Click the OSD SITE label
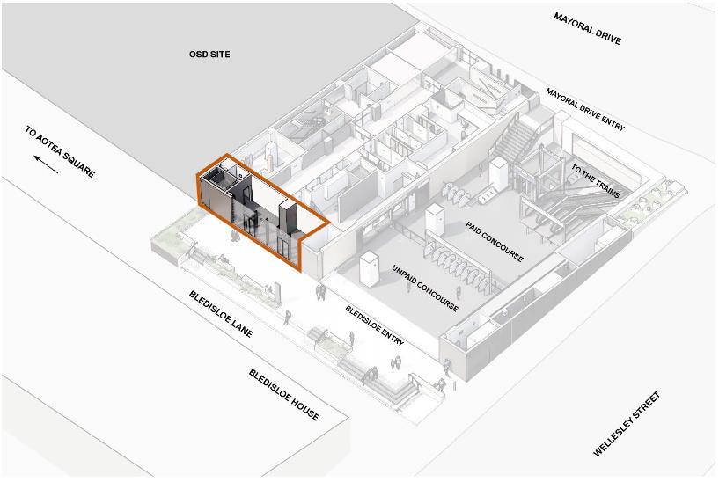[209, 55]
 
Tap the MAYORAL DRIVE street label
[587, 29]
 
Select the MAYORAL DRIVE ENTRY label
[585, 109]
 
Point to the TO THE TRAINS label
[596, 180]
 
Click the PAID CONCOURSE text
[494, 241]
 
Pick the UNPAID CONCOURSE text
[425, 287]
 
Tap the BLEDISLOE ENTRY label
[375, 325]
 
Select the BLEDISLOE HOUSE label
[283, 394]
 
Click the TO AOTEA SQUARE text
[60, 151]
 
